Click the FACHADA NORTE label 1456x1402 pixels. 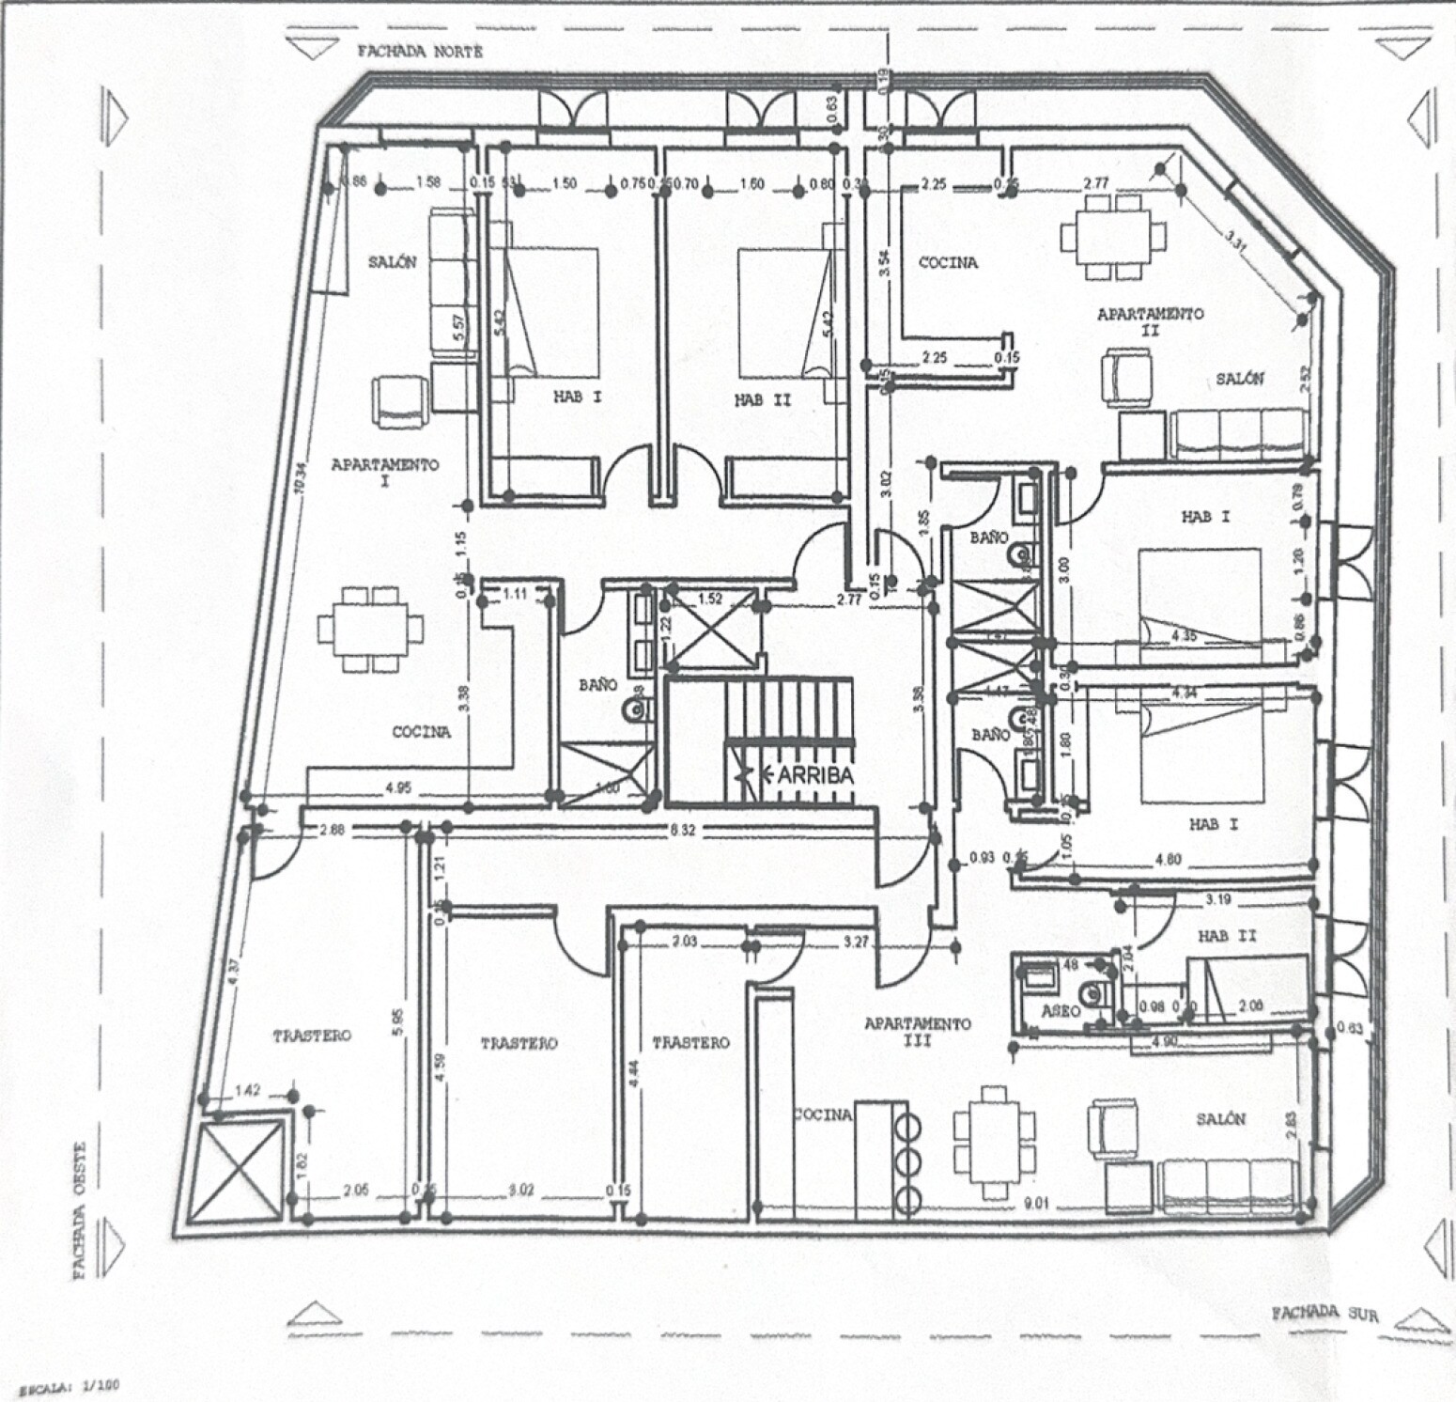click(420, 52)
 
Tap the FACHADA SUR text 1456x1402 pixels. click(1324, 1313)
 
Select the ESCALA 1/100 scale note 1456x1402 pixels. click(64, 1385)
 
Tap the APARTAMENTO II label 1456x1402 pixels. click(1150, 321)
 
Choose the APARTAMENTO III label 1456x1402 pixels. click(917, 1031)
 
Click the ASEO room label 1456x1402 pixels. click(1061, 1011)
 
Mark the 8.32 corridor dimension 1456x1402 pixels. click(683, 830)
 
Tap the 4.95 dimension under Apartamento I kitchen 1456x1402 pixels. click(398, 788)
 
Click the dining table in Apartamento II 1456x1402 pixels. click(1113, 237)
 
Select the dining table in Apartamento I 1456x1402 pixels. click(370, 629)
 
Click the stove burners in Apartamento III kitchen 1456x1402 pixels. click(908, 1161)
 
